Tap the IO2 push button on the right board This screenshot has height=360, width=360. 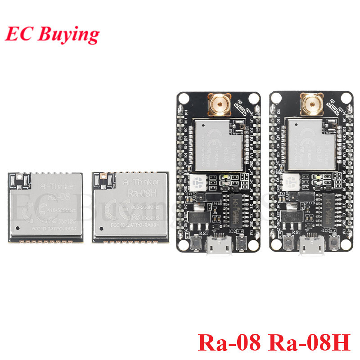(334, 243)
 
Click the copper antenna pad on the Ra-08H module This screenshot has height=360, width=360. (103, 175)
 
